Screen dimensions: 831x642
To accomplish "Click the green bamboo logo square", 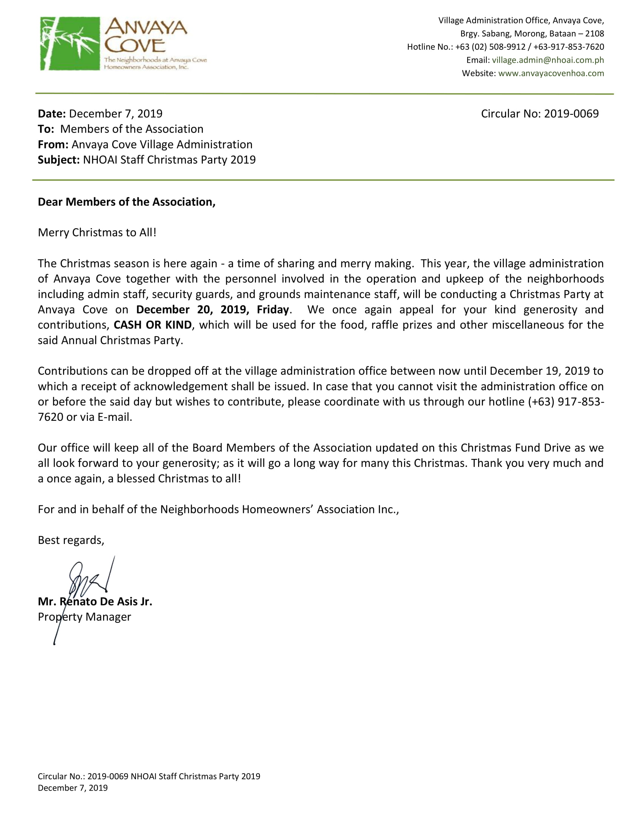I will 69,43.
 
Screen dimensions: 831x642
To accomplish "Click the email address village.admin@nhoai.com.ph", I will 548,60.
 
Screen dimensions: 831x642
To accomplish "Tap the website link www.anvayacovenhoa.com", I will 551,73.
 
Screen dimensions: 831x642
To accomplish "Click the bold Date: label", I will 52,114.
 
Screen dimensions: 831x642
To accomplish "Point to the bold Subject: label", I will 59,160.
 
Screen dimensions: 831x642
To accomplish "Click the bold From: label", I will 53,145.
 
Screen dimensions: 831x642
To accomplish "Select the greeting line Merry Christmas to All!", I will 97,232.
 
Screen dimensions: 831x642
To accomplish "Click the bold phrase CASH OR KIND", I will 153,325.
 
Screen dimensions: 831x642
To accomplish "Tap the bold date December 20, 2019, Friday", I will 213,309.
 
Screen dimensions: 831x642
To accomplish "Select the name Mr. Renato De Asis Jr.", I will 95,602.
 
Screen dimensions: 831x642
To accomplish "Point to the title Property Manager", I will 84,617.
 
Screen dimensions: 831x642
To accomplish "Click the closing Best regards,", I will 71,540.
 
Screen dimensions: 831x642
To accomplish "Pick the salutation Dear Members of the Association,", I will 126,202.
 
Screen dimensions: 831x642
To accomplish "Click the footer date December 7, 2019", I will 73,788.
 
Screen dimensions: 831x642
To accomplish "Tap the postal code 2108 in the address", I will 594,34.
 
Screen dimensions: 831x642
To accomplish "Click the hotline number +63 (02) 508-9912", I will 490,47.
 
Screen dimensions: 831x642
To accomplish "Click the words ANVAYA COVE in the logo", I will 145,36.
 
